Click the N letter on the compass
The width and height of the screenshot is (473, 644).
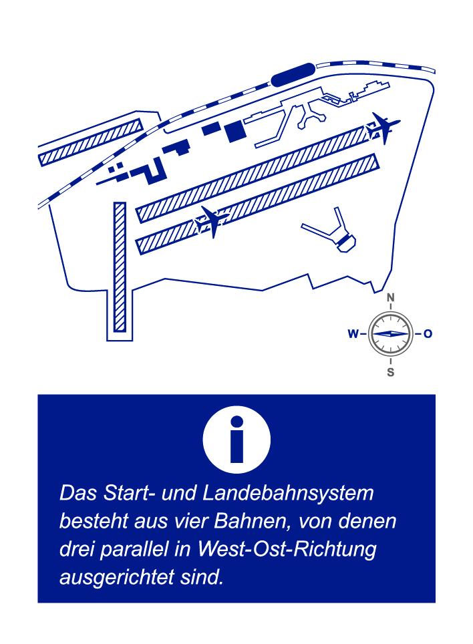click(x=390, y=297)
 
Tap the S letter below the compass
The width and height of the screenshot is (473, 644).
click(x=390, y=372)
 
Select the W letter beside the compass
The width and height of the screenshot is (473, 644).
click(x=353, y=334)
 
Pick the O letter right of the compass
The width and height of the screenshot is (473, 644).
click(x=428, y=334)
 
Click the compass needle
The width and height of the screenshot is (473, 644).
click(x=390, y=333)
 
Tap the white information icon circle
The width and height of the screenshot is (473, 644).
click(x=236, y=440)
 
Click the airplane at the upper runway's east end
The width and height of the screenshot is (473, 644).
click(x=383, y=128)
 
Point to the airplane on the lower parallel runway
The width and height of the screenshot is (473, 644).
click(x=212, y=222)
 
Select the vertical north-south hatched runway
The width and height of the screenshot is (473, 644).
click(x=120, y=267)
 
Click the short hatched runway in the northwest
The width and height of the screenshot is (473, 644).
click(x=91, y=142)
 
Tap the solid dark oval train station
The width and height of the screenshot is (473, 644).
click(x=293, y=74)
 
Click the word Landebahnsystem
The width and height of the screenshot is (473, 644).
click(x=288, y=493)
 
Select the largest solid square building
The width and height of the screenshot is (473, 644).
click(x=234, y=131)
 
